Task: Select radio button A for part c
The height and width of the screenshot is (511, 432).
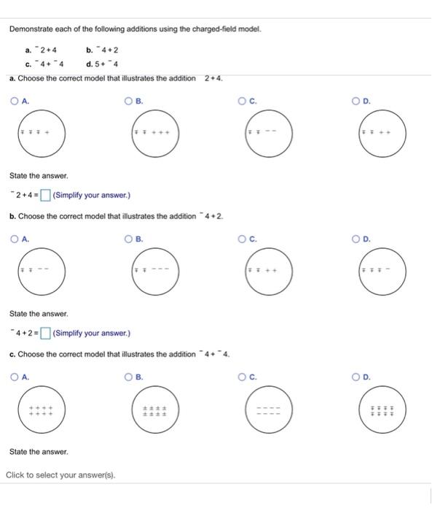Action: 15,377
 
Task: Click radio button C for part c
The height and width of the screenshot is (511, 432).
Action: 244,377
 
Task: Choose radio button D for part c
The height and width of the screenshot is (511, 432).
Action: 358,377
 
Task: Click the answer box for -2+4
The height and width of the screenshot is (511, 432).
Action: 45,195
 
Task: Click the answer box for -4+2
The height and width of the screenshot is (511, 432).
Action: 45,334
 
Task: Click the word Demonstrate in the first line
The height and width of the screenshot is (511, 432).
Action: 32,29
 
